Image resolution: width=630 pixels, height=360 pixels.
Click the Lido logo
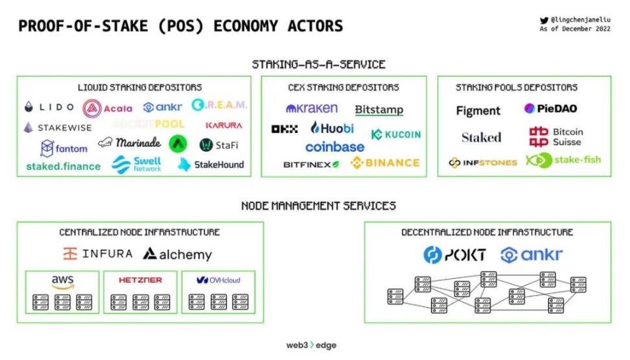coord(49,107)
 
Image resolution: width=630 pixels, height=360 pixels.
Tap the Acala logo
coord(107,108)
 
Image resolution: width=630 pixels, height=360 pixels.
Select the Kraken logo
coord(312,108)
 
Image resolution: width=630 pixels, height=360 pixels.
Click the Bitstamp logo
coord(379,110)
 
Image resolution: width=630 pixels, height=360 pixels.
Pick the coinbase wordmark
coord(334,147)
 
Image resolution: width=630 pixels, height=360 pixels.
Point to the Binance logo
coord(385,163)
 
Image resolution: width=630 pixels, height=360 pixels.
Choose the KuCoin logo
coord(396,134)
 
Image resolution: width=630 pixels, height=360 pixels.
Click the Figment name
coord(478,111)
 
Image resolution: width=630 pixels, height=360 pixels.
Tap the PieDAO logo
coord(550,108)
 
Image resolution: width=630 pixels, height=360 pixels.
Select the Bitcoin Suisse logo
coord(556,137)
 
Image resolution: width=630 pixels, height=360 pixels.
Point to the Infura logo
coord(98,254)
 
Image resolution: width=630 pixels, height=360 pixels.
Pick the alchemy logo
coord(177,254)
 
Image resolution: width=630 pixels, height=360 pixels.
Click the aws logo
coord(63,282)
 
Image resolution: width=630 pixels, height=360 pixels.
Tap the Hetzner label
coord(140,280)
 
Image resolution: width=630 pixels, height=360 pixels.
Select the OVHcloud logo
coord(218,280)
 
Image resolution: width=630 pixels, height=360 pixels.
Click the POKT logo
coord(454,255)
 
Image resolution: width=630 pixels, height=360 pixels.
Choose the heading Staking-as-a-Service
coord(318,64)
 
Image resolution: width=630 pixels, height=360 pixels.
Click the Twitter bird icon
coord(544,20)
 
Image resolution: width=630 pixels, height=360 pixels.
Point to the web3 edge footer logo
coord(311,345)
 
